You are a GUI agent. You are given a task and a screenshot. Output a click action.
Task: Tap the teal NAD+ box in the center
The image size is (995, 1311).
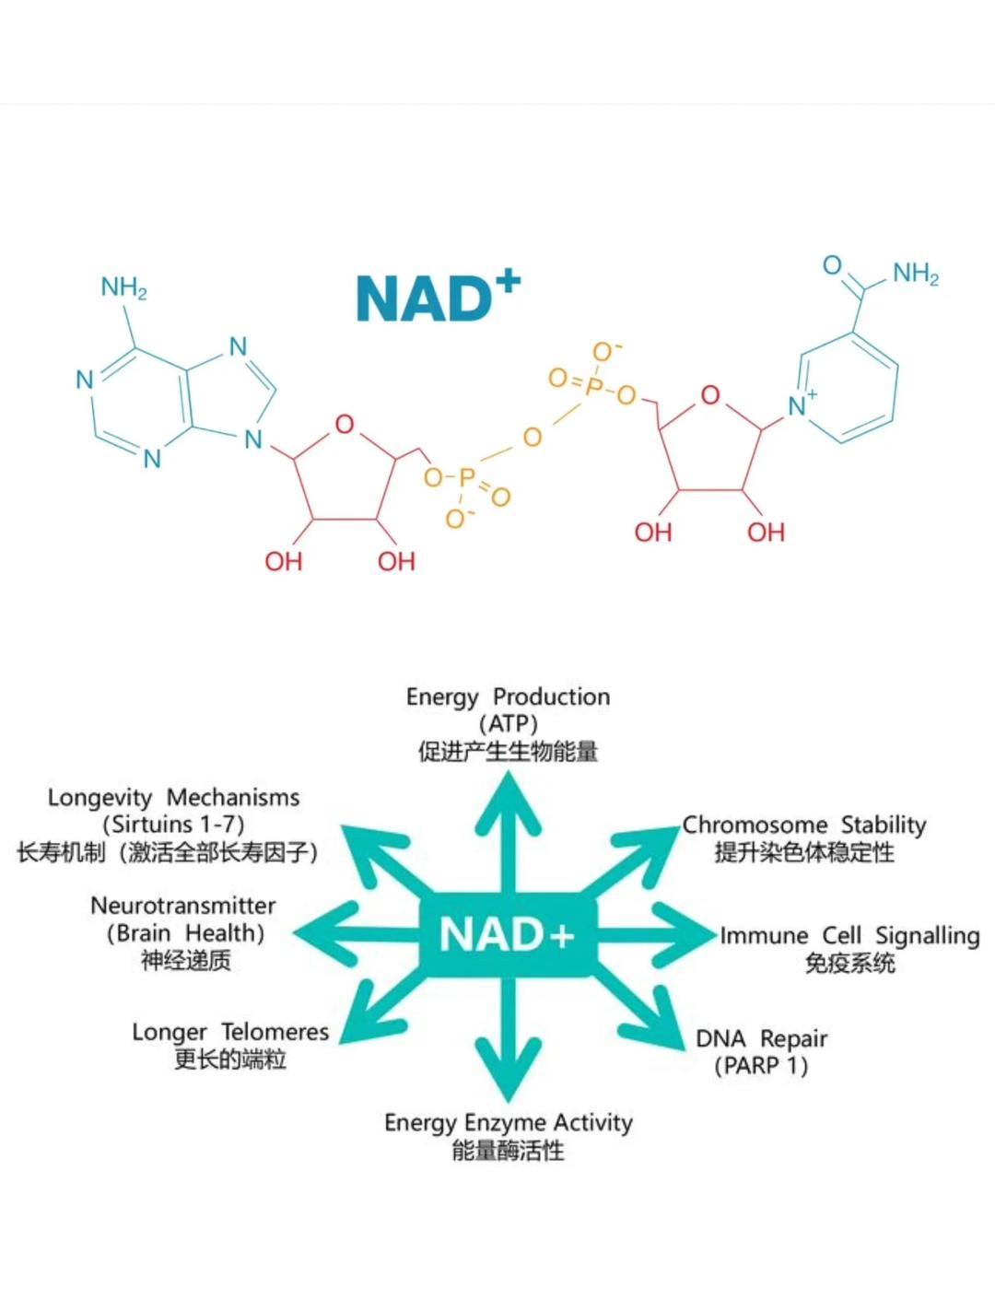pyautogui.click(x=508, y=935)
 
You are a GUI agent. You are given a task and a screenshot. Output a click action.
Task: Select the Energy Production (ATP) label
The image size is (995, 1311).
pyautogui.click(x=508, y=710)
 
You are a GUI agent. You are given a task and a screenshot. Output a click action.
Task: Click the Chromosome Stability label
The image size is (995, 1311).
pyautogui.click(x=803, y=825)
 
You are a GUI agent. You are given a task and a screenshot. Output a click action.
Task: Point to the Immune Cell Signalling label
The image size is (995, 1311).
pyautogui.click(x=849, y=936)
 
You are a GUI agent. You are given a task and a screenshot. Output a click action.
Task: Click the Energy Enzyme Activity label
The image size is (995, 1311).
pyautogui.click(x=508, y=1123)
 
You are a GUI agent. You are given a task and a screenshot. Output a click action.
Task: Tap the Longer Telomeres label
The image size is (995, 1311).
pyautogui.click(x=230, y=1033)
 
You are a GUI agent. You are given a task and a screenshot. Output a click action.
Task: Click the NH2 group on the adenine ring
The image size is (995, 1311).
pyautogui.click(x=123, y=288)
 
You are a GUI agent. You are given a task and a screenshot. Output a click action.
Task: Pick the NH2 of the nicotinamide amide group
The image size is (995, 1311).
pyautogui.click(x=915, y=274)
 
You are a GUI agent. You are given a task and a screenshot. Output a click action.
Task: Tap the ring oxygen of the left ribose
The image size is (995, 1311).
pyautogui.click(x=345, y=425)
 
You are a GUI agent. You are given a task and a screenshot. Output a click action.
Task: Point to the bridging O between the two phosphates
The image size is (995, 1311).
pyautogui.click(x=532, y=438)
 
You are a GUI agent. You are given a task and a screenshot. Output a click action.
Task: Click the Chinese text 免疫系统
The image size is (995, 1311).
pyautogui.click(x=849, y=964)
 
